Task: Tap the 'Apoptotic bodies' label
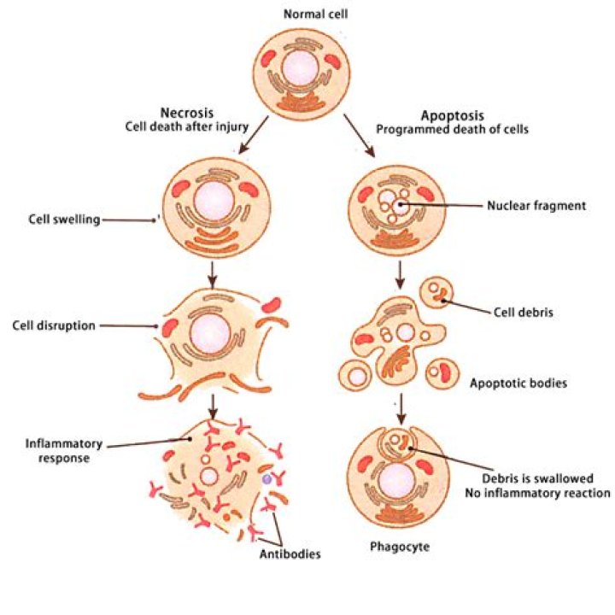[518, 384]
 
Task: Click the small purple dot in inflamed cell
[266, 481]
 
